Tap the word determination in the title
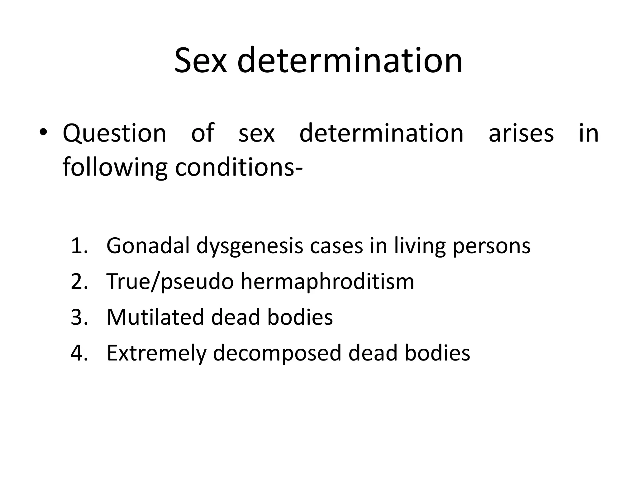tap(350, 60)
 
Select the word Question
tap(114, 133)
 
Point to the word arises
tap(521, 133)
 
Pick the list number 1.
tap(79, 246)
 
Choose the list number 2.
tap(79, 282)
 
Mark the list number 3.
tap(79, 317)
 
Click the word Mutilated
tap(155, 317)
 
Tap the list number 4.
tap(79, 353)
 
